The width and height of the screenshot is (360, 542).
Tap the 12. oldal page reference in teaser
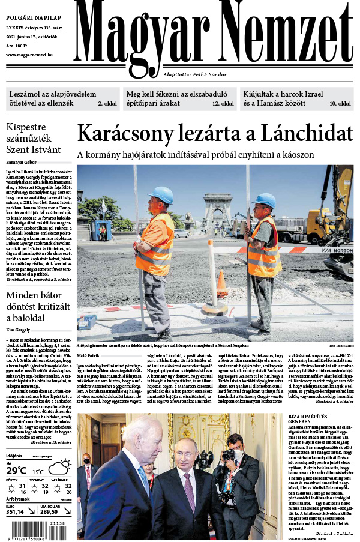point(223,103)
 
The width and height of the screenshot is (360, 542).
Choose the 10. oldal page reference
point(340,103)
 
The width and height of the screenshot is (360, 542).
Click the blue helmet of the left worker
point(161,195)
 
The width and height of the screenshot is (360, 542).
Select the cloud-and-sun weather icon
point(59,466)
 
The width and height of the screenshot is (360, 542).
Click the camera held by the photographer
point(229,455)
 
